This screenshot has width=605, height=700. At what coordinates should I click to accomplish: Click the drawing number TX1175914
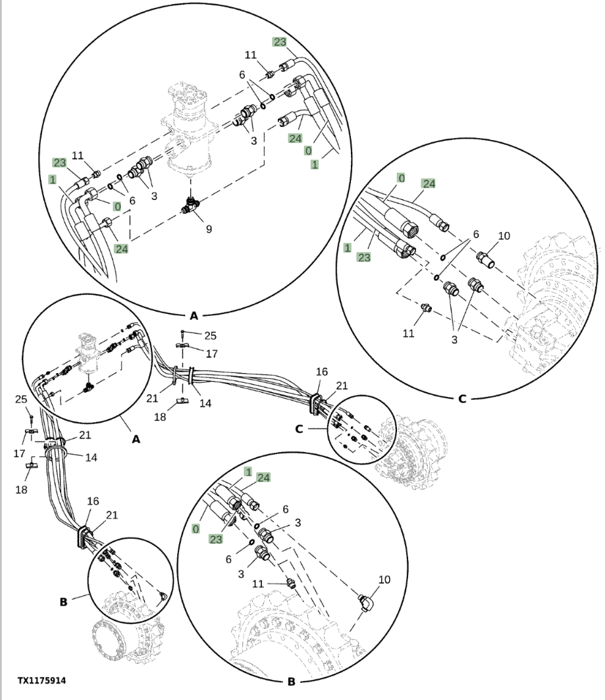[x=41, y=681]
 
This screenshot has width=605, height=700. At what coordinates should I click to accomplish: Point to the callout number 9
[x=209, y=229]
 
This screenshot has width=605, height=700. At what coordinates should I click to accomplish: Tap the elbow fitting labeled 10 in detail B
[x=367, y=603]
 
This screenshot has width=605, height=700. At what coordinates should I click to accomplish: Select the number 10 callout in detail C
[x=504, y=236]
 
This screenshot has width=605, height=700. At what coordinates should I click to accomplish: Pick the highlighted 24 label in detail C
[x=429, y=184]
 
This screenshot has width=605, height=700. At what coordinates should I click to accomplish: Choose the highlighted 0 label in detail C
[x=401, y=178]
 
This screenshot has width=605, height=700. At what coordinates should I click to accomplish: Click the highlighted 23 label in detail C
[x=363, y=257]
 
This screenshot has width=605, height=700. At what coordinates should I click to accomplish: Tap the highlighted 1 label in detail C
[x=347, y=247]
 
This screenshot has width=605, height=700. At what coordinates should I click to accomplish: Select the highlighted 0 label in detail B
[x=196, y=529]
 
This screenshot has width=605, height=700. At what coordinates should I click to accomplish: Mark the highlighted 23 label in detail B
[x=215, y=539]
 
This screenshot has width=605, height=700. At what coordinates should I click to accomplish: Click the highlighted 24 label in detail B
[x=263, y=478]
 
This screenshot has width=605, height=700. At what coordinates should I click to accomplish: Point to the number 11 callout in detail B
[x=258, y=584]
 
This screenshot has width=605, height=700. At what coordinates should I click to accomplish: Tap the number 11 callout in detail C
[x=408, y=333]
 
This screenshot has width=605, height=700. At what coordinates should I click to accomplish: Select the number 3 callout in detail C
[x=454, y=339]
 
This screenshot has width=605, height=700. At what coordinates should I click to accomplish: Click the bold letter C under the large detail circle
[x=462, y=398]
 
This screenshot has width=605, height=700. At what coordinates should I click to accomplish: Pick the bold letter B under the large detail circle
[x=292, y=682]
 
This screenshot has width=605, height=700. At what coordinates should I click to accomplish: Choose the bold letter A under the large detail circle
[x=194, y=316]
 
